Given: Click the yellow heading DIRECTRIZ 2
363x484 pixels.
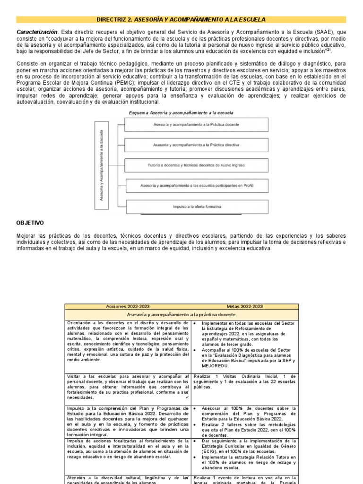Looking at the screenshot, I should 181,19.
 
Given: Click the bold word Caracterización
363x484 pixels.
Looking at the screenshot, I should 37,32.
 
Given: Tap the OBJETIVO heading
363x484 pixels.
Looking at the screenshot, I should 30,222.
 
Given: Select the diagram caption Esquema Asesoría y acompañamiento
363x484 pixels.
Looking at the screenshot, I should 181,113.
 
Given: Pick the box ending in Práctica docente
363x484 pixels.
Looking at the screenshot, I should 196,125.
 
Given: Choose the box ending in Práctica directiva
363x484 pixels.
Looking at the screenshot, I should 196,145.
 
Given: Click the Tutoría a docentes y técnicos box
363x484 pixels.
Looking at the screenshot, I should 196,165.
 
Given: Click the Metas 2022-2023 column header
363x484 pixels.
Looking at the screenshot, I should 245,306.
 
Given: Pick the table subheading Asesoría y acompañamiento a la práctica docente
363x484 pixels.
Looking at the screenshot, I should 181,314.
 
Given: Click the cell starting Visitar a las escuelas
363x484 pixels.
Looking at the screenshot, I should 128,387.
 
